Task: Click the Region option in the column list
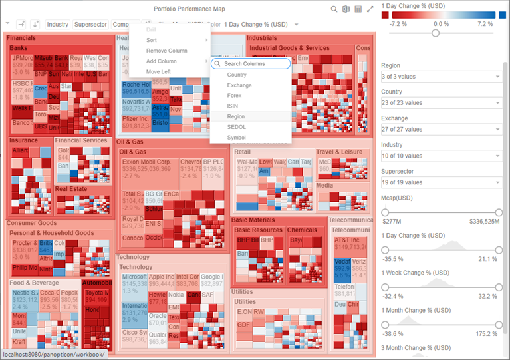[x=236, y=116]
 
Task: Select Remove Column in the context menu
[x=166, y=51]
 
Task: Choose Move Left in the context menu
[x=158, y=71]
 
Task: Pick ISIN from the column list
[x=233, y=106]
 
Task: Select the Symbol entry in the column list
[x=236, y=138]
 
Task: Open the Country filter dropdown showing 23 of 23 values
[x=440, y=103]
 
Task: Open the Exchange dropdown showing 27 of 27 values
[x=440, y=129]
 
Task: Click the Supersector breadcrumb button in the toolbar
[x=90, y=25]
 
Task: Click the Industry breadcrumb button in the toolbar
[x=58, y=25]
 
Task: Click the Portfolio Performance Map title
[x=189, y=9]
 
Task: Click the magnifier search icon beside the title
[x=334, y=9]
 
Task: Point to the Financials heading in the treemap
[x=21, y=38]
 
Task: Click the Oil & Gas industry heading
[x=130, y=142]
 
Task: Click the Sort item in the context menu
[x=152, y=40]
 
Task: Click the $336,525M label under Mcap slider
[x=484, y=221]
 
